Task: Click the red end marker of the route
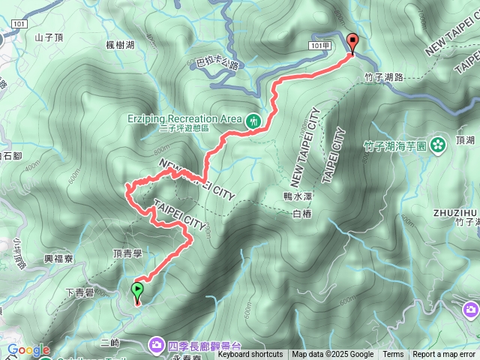[x=352, y=43]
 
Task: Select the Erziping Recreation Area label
[x=183, y=118]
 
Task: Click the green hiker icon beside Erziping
[x=253, y=119]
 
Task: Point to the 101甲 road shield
[x=319, y=46]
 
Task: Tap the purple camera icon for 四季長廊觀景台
[x=157, y=344]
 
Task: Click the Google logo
[x=28, y=349]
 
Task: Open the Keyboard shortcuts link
[x=250, y=355]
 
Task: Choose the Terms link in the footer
[x=393, y=355]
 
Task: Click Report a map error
[x=445, y=355]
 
